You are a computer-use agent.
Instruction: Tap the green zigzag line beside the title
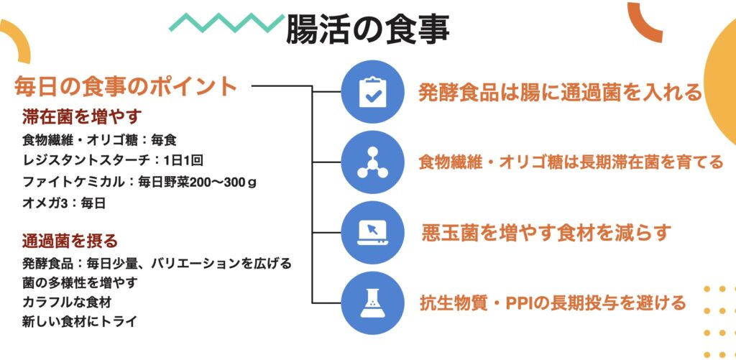(226, 22)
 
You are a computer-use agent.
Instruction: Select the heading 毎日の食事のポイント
(126, 86)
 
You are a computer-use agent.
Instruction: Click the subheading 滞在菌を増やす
(82, 116)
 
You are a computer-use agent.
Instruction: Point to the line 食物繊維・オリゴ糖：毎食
(99, 140)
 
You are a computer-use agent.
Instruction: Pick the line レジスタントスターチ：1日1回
(113, 161)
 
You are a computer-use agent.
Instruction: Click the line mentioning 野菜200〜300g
(139, 182)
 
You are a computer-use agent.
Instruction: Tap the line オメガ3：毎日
(64, 203)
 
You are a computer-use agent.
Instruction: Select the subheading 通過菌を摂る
(70, 241)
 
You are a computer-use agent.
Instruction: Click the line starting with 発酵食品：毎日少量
(157, 263)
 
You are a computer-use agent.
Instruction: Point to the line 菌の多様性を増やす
(80, 283)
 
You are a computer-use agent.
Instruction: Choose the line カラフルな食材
(67, 303)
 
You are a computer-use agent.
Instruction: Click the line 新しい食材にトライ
(79, 322)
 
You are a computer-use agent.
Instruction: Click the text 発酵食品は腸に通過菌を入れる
(560, 93)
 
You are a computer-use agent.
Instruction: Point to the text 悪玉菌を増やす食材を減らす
(545, 233)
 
